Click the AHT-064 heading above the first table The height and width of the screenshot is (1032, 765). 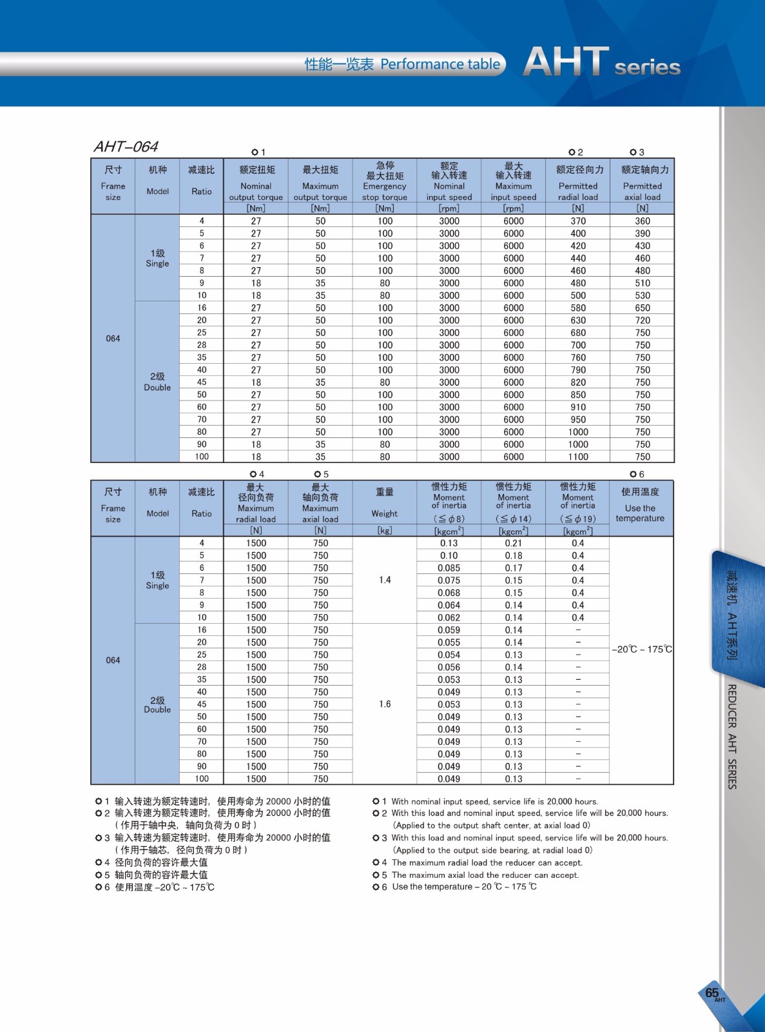pos(126,147)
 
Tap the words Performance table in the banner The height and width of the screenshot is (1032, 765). pos(440,64)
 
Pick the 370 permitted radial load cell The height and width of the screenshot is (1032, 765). pos(578,221)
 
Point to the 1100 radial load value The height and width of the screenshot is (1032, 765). pos(578,457)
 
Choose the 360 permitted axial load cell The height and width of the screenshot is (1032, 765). pos(643,221)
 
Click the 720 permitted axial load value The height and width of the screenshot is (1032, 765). pos(643,320)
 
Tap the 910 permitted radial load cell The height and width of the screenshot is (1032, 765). pos(578,407)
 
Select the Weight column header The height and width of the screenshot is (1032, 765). pos(385,513)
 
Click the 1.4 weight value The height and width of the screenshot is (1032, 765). pos(385,580)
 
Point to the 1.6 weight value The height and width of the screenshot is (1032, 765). pos(385,704)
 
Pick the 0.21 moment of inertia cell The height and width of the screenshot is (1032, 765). pos(514,543)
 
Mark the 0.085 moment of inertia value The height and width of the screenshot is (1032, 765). pos(449,568)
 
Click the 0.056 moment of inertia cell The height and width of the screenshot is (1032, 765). pos(449,667)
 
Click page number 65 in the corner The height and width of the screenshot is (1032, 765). pos(712,993)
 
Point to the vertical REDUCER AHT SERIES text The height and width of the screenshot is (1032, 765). pos(732,736)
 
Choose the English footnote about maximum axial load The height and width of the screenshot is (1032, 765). pos(485,875)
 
